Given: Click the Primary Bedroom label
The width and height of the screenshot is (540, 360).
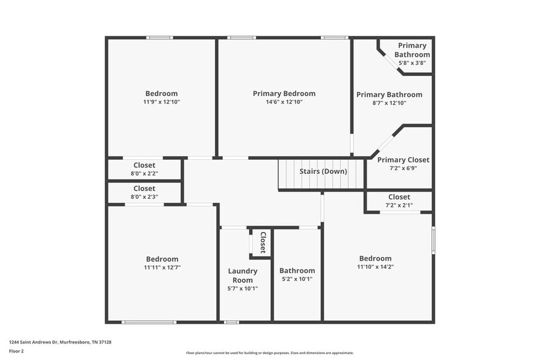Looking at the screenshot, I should click(x=284, y=94).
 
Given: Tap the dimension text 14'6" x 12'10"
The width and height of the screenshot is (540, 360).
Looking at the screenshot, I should click(x=284, y=102).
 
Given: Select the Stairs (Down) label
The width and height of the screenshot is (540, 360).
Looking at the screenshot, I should click(x=323, y=171).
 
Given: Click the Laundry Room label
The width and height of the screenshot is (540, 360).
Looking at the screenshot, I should click(x=242, y=276).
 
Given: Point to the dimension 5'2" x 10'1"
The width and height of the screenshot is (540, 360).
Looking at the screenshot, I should click(x=297, y=280).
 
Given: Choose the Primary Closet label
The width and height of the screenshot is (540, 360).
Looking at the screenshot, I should click(x=403, y=160).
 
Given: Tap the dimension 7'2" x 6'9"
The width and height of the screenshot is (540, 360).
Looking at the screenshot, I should click(x=403, y=168).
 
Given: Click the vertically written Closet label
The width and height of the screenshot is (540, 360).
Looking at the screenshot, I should click(x=263, y=242).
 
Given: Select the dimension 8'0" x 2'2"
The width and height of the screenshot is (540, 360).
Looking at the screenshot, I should click(x=144, y=174).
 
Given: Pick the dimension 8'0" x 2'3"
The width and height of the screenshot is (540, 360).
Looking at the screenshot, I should click(x=144, y=197).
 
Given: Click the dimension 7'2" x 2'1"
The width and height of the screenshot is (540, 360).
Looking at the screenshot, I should click(x=399, y=205).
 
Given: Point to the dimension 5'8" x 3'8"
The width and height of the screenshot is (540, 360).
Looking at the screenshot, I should click(x=412, y=62).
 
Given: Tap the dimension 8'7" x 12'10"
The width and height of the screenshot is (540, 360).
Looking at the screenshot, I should click(x=389, y=103).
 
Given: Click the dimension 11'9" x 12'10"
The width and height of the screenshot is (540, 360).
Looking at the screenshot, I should click(x=162, y=102).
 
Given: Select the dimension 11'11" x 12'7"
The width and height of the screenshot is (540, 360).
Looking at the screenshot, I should click(x=162, y=268).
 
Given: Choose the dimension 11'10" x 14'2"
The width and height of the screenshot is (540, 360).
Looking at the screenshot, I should click(x=375, y=267).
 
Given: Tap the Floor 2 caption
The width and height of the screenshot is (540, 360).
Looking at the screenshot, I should click(x=16, y=351).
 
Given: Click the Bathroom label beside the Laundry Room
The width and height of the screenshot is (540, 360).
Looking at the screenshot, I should click(x=297, y=271).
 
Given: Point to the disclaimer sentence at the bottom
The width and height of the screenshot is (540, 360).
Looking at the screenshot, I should click(x=269, y=353).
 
